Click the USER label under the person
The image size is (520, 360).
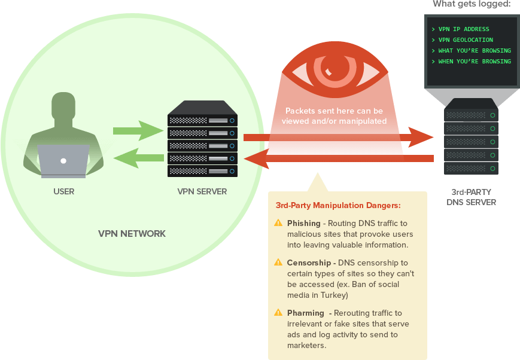[63, 191]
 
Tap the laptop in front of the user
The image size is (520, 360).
[63, 161]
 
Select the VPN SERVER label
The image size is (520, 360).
[202, 191]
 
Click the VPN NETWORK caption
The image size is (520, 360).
[132, 233]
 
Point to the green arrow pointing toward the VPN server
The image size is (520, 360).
[138, 130]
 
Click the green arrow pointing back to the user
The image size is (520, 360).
[138, 158]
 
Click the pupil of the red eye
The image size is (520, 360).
[331, 65]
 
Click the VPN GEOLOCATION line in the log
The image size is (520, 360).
[465, 40]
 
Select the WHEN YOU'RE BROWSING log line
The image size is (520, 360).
[474, 62]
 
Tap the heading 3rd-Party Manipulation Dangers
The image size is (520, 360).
[338, 205]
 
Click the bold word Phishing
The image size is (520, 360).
[303, 223]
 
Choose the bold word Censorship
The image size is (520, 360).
[308, 263]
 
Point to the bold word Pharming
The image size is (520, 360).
[305, 313]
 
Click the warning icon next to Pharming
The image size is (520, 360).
[278, 313]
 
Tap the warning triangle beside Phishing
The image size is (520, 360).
[278, 223]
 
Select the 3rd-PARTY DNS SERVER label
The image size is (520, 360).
[471, 197]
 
